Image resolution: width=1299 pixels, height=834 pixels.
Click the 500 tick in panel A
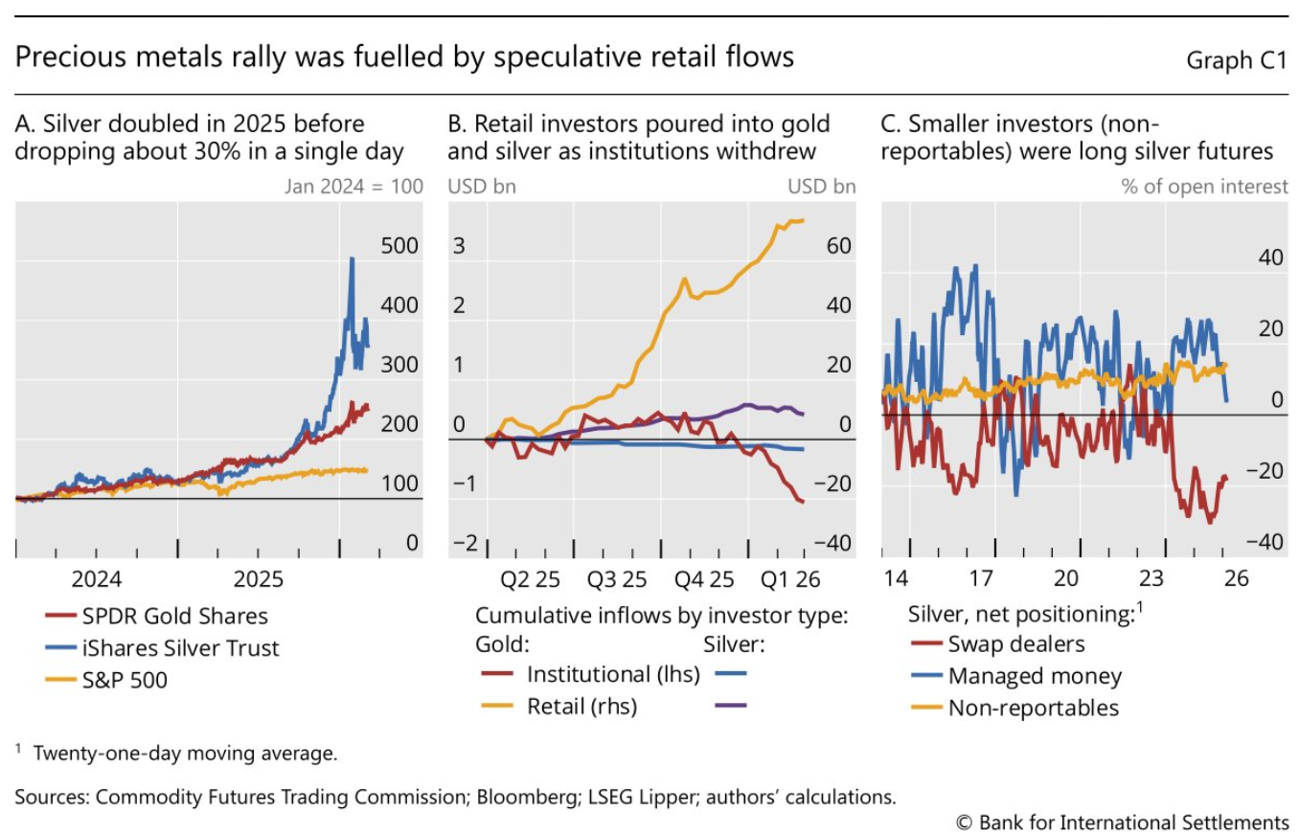pyautogui.click(x=399, y=245)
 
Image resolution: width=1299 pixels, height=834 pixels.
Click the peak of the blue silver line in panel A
pyautogui.click(x=352, y=259)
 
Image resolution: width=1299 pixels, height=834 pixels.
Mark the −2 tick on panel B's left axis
pyautogui.click(x=464, y=543)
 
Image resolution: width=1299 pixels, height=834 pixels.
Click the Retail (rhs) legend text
pyautogui.click(x=581, y=707)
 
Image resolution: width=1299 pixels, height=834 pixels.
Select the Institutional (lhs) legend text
pyautogui.click(x=613, y=674)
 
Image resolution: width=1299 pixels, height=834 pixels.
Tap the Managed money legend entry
pyautogui.click(x=1035, y=676)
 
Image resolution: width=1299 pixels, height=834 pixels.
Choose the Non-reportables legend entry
pyautogui.click(x=1033, y=708)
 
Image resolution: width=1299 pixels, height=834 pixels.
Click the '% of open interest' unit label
pyautogui.click(x=1205, y=186)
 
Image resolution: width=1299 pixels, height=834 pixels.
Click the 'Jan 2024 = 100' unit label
pyautogui.click(x=353, y=186)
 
